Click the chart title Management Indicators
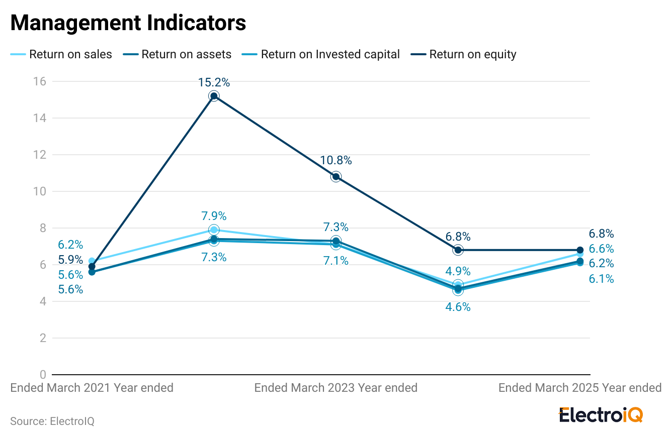click(128, 23)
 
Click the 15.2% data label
click(214, 82)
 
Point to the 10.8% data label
click(336, 161)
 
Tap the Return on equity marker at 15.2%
click(214, 96)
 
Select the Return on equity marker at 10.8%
click(336, 177)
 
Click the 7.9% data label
click(214, 216)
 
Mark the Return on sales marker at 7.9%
click(214, 230)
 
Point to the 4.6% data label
click(458, 307)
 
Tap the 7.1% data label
click(336, 261)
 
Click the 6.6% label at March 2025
click(601, 249)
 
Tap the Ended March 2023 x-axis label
click(336, 388)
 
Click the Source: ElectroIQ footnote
click(52, 421)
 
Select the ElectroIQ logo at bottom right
click(601, 415)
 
